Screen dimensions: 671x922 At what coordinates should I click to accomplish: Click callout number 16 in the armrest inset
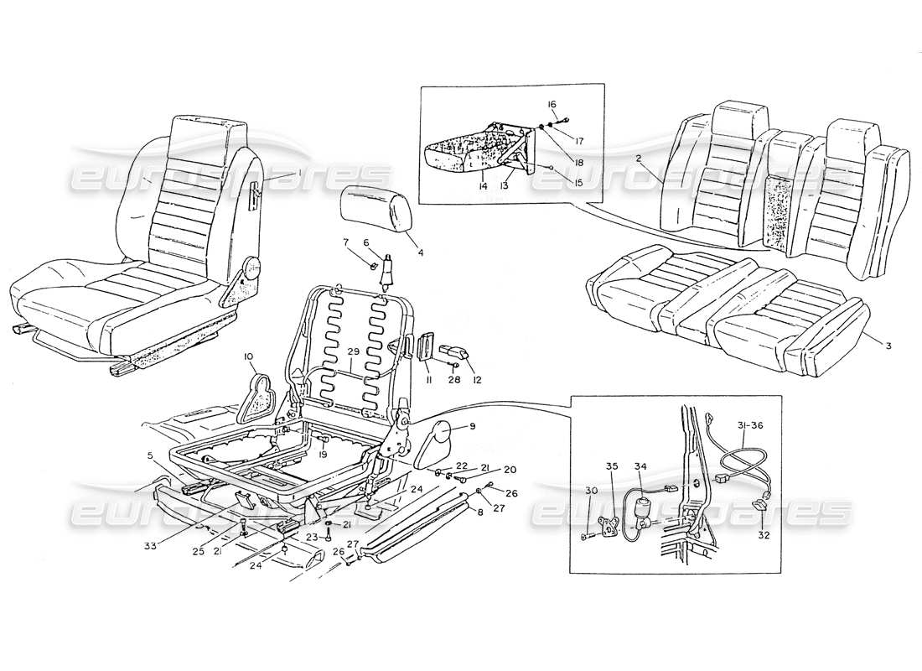pyautogui.click(x=552, y=105)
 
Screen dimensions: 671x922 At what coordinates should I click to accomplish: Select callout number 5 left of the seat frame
pyautogui.click(x=150, y=456)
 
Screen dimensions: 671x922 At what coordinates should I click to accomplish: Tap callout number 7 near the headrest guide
pyautogui.click(x=344, y=243)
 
